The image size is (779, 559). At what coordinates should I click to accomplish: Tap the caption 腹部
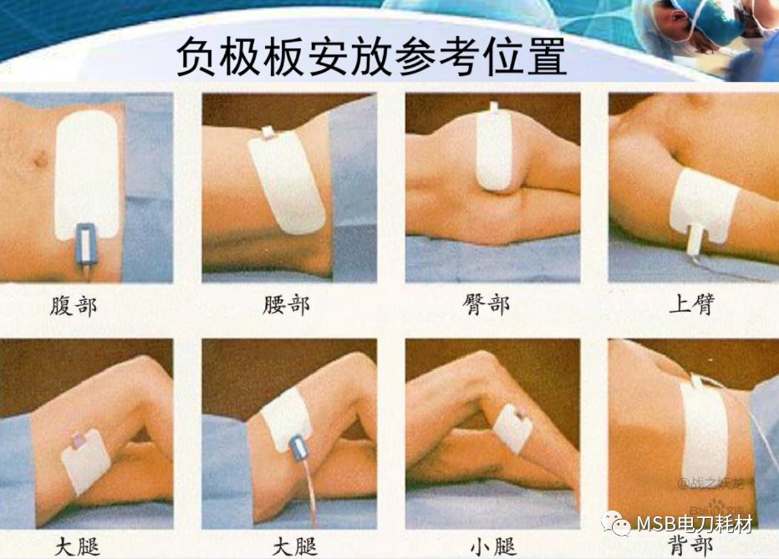(74, 305)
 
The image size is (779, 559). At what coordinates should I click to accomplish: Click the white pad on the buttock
(494, 150)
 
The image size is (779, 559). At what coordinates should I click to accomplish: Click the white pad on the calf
(512, 429)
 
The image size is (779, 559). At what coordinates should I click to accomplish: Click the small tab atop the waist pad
(268, 132)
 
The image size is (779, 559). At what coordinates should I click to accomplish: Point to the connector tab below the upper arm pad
(695, 242)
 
